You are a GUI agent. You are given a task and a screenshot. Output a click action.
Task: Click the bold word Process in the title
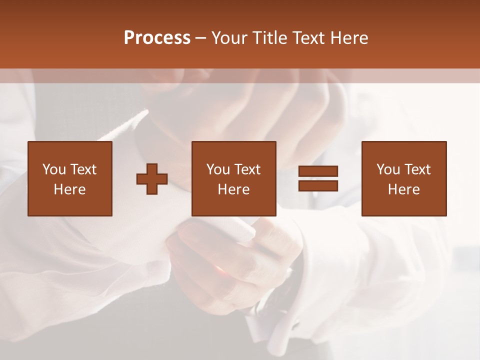click(x=157, y=38)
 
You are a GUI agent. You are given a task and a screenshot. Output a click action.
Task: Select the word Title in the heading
click(x=270, y=38)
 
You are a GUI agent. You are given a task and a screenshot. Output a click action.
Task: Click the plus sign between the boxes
click(x=152, y=179)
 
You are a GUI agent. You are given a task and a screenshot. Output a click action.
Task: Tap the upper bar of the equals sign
click(x=318, y=171)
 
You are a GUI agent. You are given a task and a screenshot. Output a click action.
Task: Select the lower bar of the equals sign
click(x=318, y=186)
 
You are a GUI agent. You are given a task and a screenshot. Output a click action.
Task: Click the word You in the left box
click(x=54, y=169)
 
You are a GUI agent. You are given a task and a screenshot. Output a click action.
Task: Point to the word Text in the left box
click(x=83, y=169)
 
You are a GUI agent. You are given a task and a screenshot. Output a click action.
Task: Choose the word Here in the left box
click(x=69, y=189)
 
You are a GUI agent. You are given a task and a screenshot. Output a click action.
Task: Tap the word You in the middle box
click(x=218, y=169)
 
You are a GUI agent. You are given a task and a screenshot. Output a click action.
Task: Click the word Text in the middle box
click(x=247, y=169)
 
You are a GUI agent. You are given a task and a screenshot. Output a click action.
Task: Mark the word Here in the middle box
click(x=233, y=189)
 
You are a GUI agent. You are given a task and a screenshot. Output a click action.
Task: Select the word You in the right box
click(x=388, y=169)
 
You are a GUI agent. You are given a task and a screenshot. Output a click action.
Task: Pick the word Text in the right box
click(x=417, y=169)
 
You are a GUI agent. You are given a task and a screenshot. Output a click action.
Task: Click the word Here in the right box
click(x=403, y=189)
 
